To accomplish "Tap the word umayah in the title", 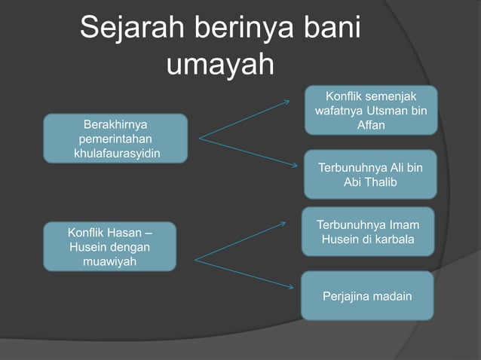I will [219, 65].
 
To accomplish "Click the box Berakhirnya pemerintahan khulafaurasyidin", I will [115, 139].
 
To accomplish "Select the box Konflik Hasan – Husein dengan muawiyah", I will [109, 246].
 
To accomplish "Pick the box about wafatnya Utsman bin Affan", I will [370, 111].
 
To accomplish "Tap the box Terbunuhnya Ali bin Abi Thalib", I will [370, 175].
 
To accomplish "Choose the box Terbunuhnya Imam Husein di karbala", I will [368, 232].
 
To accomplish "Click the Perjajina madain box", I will [367, 296].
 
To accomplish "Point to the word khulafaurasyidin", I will [118, 154].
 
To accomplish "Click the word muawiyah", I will [109, 262].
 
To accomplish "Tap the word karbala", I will [392, 240].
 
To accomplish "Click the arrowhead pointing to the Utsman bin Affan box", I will [286, 102].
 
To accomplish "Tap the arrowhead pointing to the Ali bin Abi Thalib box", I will [295, 167].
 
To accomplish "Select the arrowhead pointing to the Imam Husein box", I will [283, 223].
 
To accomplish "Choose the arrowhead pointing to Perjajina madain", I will [290, 286].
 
